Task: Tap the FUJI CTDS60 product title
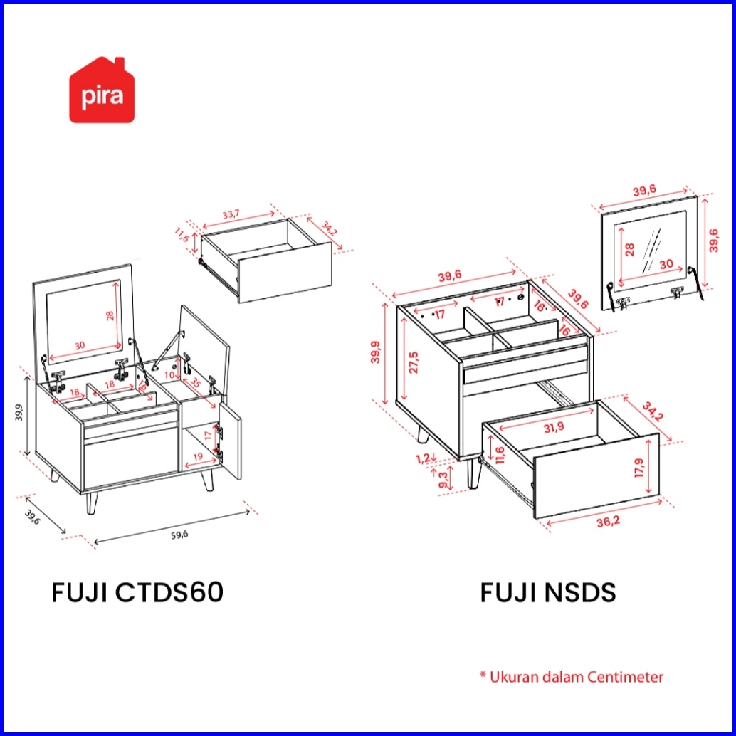tap(137, 592)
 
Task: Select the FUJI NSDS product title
tap(548, 592)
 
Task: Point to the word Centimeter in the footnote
tap(626, 676)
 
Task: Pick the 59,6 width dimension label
tap(179, 535)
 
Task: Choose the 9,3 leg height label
tap(443, 478)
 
